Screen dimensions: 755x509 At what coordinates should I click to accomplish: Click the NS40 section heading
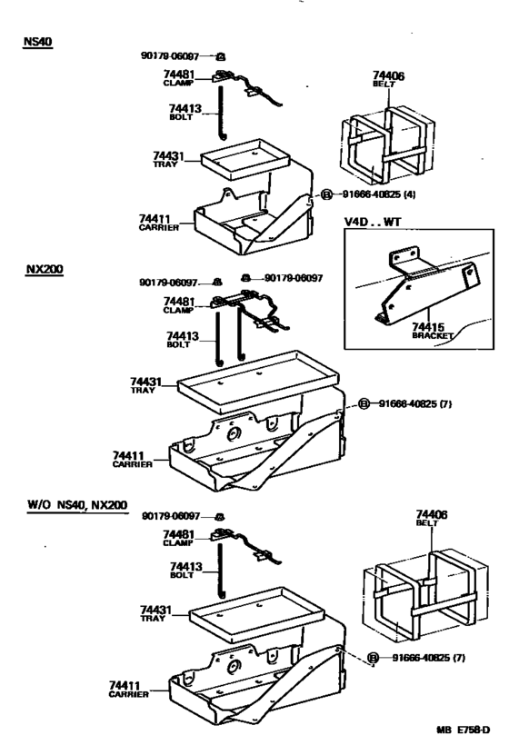(39, 43)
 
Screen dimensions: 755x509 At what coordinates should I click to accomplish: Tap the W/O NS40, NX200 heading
(77, 503)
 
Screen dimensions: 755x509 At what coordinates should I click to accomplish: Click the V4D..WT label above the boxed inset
(372, 222)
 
